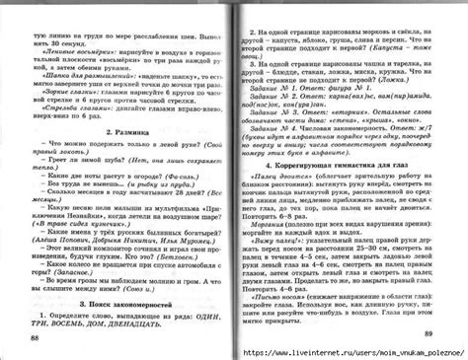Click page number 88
click(37, 337)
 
